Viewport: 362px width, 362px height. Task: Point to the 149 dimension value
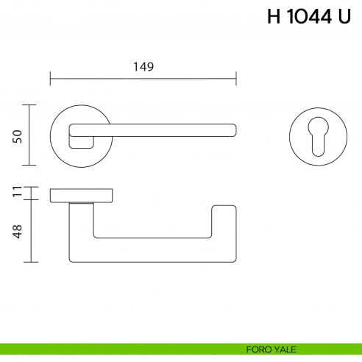(x=143, y=67)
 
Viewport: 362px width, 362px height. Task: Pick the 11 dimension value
(x=18, y=194)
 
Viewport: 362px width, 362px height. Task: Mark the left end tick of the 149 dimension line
(x=50, y=77)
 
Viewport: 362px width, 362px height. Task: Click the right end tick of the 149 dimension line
(x=235, y=77)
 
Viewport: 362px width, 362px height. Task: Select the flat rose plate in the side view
(x=81, y=195)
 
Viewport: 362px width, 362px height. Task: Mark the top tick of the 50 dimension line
(x=29, y=105)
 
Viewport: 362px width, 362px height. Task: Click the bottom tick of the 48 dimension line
(x=29, y=262)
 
